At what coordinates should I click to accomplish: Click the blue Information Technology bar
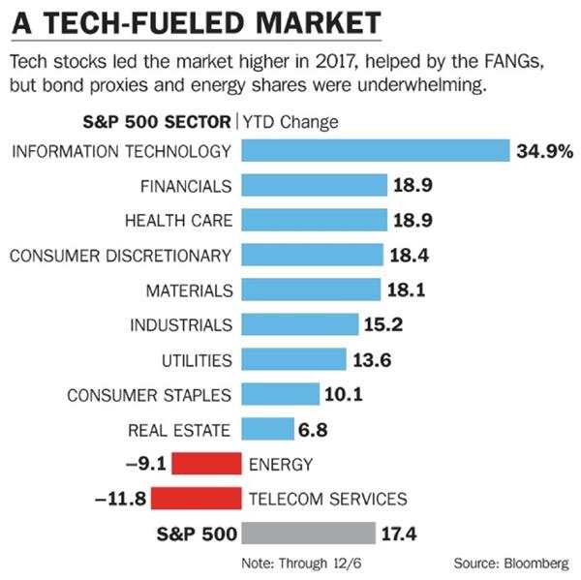point(375,151)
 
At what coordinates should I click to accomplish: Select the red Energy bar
point(206,463)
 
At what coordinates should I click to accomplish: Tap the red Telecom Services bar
point(196,498)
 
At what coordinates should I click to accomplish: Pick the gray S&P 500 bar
point(308,534)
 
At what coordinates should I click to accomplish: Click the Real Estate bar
point(267,429)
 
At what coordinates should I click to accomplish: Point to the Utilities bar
point(292,359)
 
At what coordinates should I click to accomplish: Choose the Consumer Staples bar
point(280,394)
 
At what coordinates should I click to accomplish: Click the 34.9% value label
point(545,151)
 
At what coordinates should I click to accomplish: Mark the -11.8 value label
point(120,499)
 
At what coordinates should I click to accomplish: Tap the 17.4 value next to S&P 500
point(401,534)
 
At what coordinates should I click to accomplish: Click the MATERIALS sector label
point(189,290)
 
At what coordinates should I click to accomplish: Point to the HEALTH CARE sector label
point(178,220)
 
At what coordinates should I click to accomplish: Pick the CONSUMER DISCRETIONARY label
point(121,256)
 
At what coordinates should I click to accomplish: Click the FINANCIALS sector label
point(186,185)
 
